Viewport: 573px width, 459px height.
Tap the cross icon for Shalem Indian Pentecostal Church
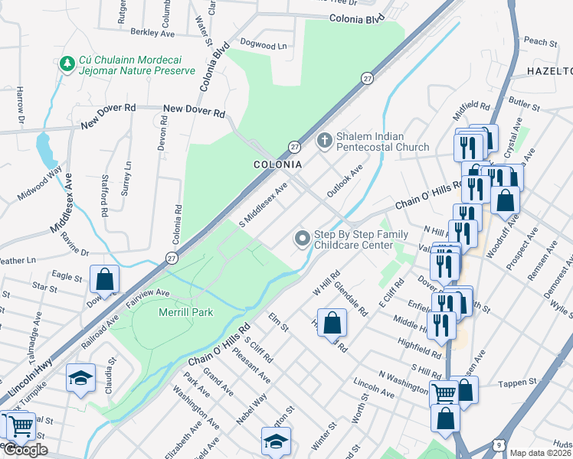(324, 141)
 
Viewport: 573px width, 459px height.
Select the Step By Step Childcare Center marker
(303, 239)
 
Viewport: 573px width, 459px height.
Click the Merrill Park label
(185, 312)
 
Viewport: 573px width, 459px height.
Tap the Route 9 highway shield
(499, 444)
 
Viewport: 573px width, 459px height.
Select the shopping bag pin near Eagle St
(105, 278)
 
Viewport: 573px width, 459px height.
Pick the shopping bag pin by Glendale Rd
(332, 322)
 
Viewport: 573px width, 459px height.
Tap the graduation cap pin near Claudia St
(80, 379)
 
